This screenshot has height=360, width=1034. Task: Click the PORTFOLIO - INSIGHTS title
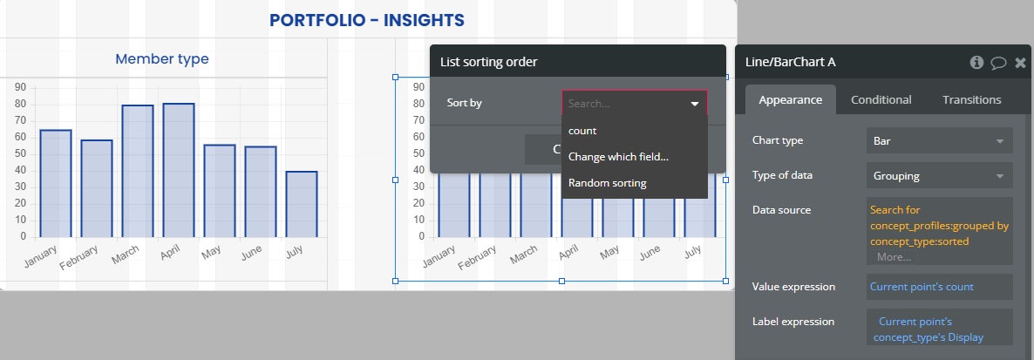[x=367, y=20]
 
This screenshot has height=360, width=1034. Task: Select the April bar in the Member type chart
[x=178, y=170]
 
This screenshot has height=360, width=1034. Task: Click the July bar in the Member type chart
[x=302, y=204]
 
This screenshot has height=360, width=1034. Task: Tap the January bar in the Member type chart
[x=56, y=183]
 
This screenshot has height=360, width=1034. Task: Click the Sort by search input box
[x=635, y=104]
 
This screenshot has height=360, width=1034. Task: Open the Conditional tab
[x=881, y=99]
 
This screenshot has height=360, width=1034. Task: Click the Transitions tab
[x=971, y=99]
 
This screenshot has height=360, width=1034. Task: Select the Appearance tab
[x=791, y=99]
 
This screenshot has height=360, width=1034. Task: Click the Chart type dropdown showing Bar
[x=940, y=140]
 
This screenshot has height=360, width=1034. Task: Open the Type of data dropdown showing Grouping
[x=940, y=176]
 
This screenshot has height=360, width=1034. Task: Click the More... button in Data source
[x=895, y=257]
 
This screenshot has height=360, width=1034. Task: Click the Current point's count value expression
[x=922, y=287]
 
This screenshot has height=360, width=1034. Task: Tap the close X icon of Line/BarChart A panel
[x=1020, y=63]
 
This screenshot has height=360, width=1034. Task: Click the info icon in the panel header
[x=976, y=62]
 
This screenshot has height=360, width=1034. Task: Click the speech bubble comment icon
[x=998, y=63]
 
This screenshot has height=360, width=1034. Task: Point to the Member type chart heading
[x=162, y=58]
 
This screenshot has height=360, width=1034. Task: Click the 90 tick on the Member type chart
[x=20, y=87]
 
